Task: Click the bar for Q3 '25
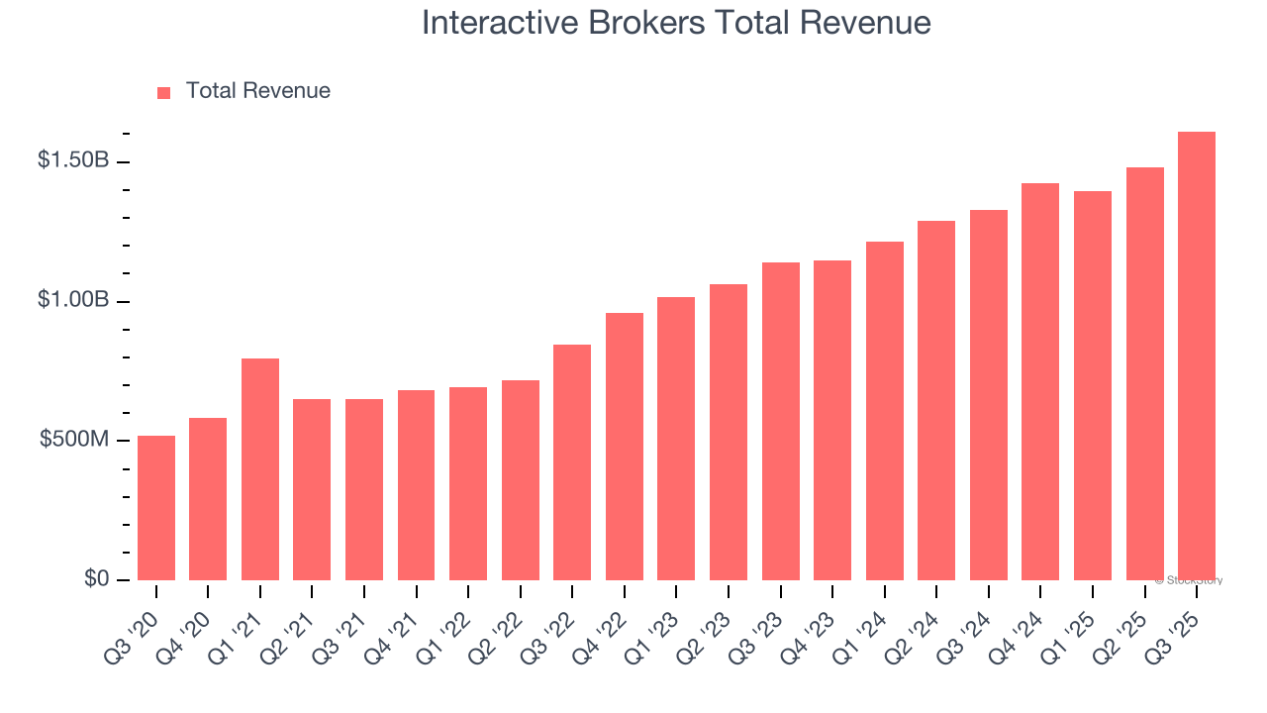point(1196,356)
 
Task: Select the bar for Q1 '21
point(260,469)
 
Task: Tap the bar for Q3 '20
point(156,508)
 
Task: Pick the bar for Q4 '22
point(625,447)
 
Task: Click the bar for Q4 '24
point(1040,381)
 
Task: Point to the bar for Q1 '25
point(1092,386)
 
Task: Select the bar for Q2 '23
point(729,432)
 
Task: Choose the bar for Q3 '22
point(572,462)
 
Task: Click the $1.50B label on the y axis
point(73,160)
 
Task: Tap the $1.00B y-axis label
point(73,300)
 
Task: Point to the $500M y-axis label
point(74,440)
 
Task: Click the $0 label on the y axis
point(96,578)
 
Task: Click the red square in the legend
point(164,93)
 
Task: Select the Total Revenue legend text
point(257,91)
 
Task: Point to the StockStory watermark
point(1189,580)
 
